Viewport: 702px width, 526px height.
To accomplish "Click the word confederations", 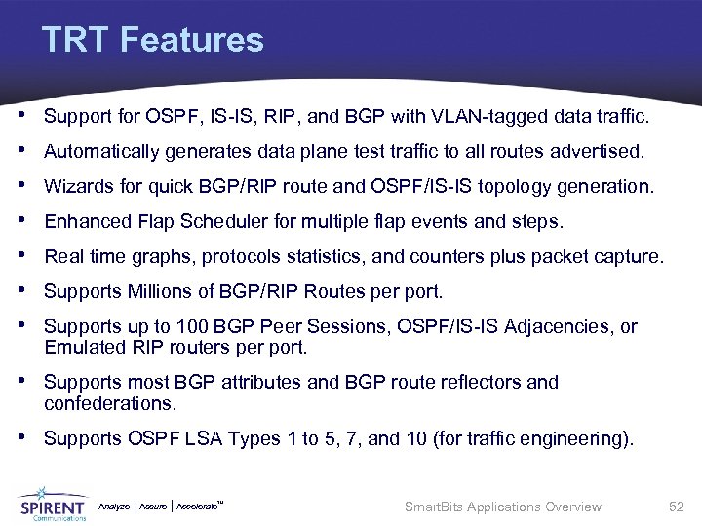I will (107, 402).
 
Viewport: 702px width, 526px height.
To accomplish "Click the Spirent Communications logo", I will (53, 503).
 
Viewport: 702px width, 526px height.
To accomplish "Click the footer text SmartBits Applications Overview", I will (502, 507).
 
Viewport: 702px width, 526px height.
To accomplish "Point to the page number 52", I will (676, 507).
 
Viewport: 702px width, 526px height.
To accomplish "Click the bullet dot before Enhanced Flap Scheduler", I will (24, 221).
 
